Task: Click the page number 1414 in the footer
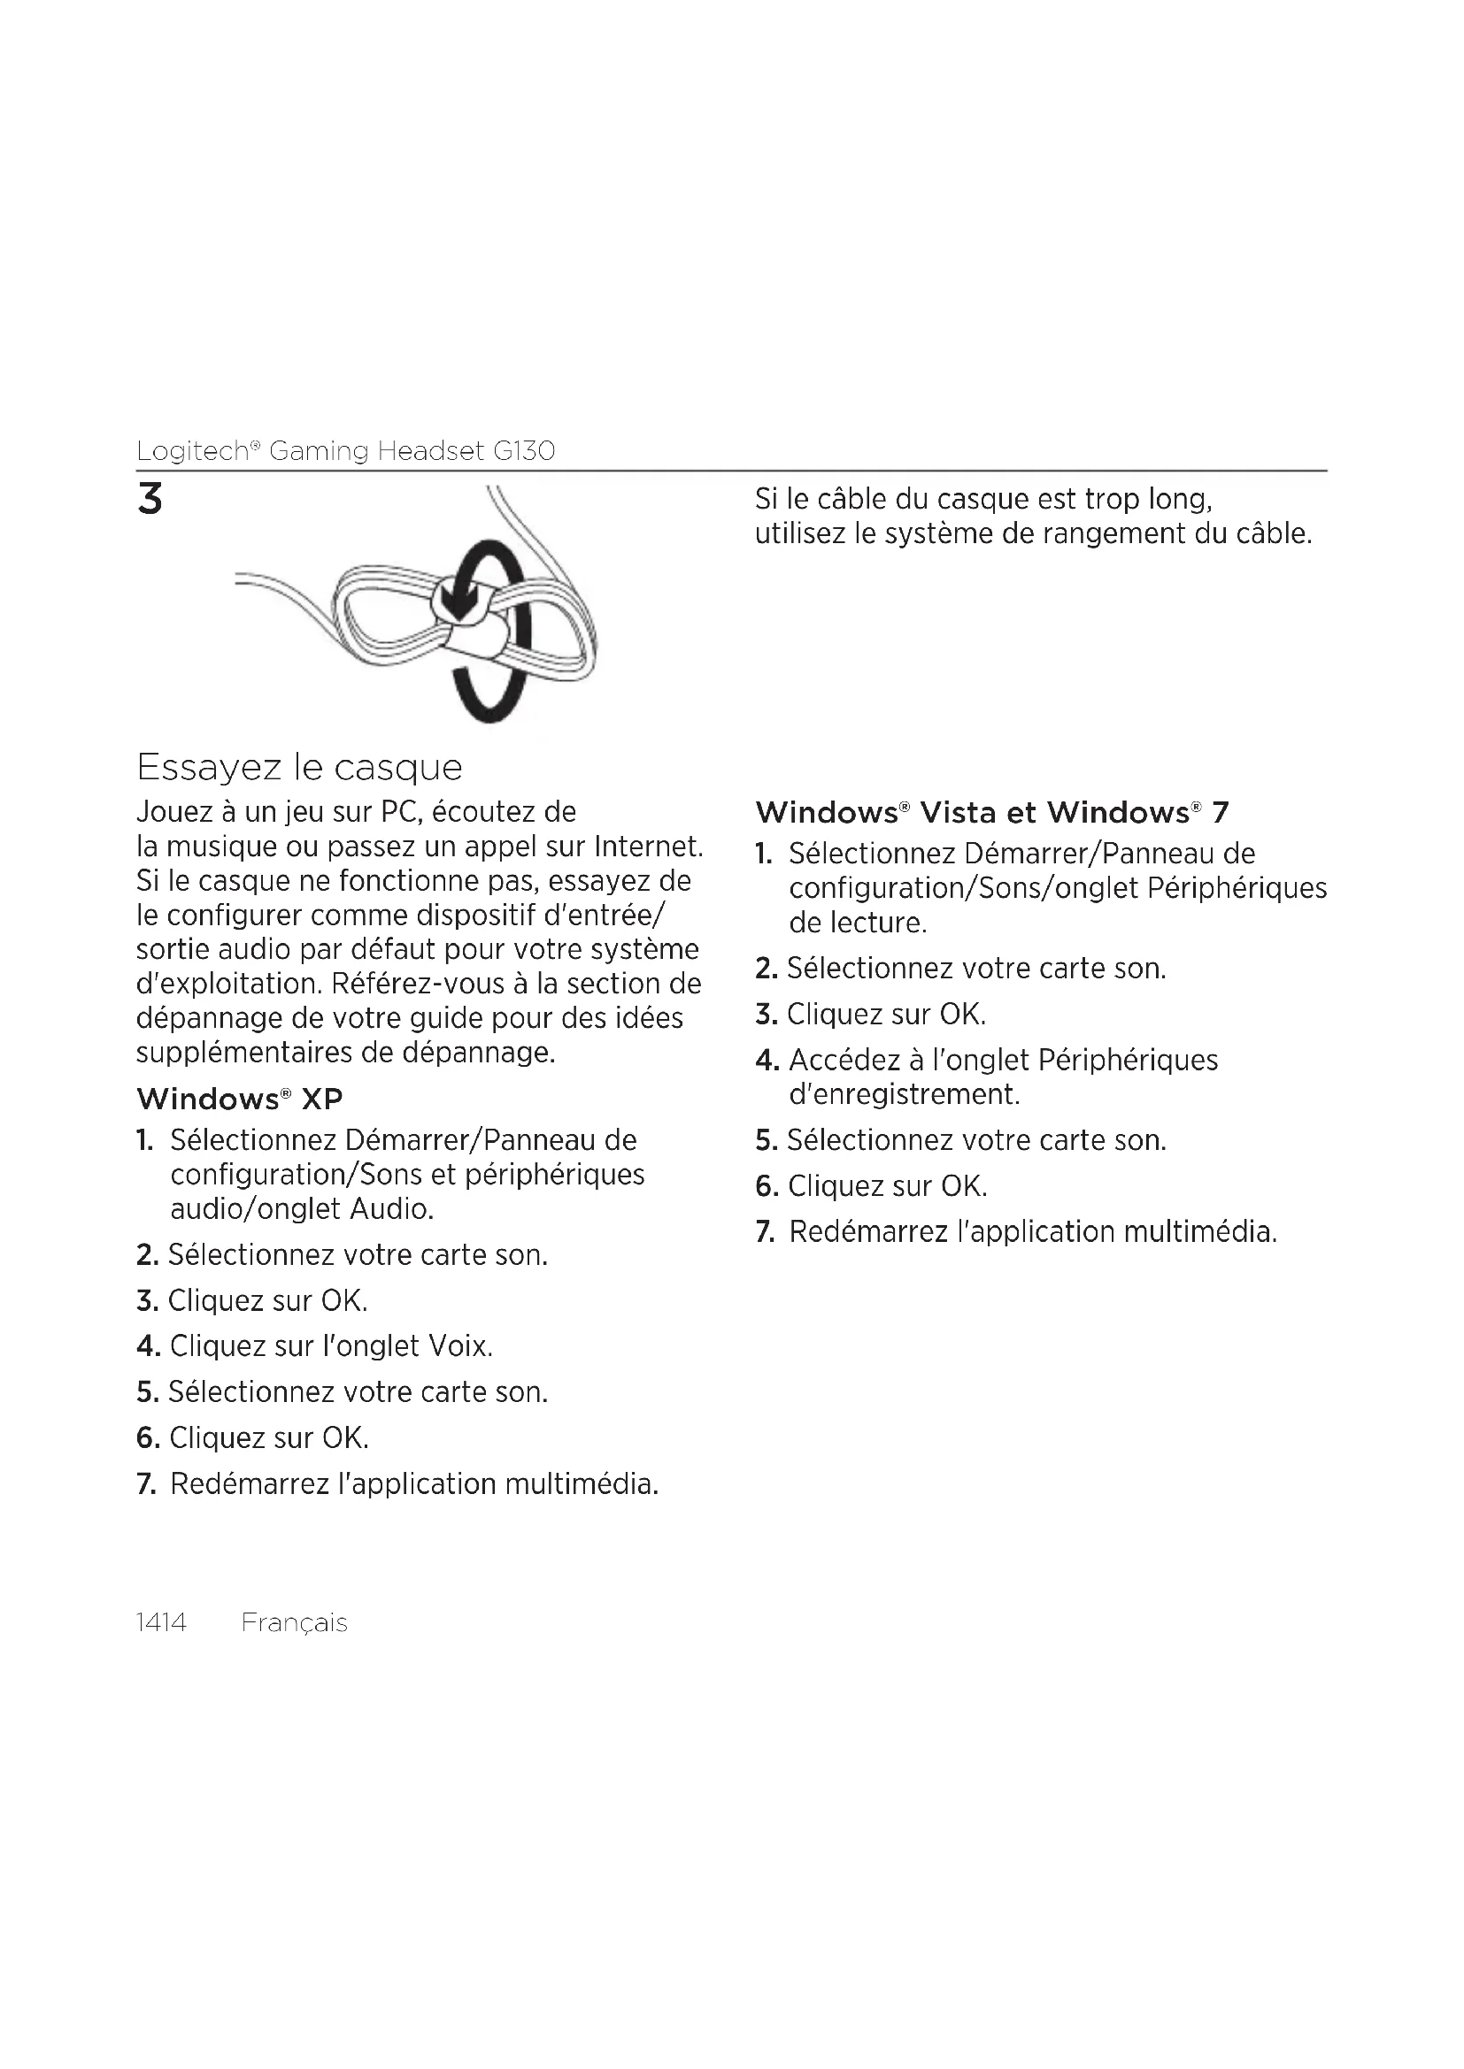click(x=160, y=1622)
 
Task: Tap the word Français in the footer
click(x=294, y=1622)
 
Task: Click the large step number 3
click(x=150, y=499)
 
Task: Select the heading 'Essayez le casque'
click(x=299, y=767)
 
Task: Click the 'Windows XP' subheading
click(x=239, y=1099)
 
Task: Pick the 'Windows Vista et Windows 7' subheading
click(x=991, y=812)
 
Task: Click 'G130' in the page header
click(x=524, y=450)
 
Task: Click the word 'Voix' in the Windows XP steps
click(x=459, y=1346)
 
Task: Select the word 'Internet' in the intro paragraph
click(x=648, y=847)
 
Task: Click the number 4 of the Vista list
click(x=767, y=1061)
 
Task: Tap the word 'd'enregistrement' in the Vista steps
click(x=905, y=1094)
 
